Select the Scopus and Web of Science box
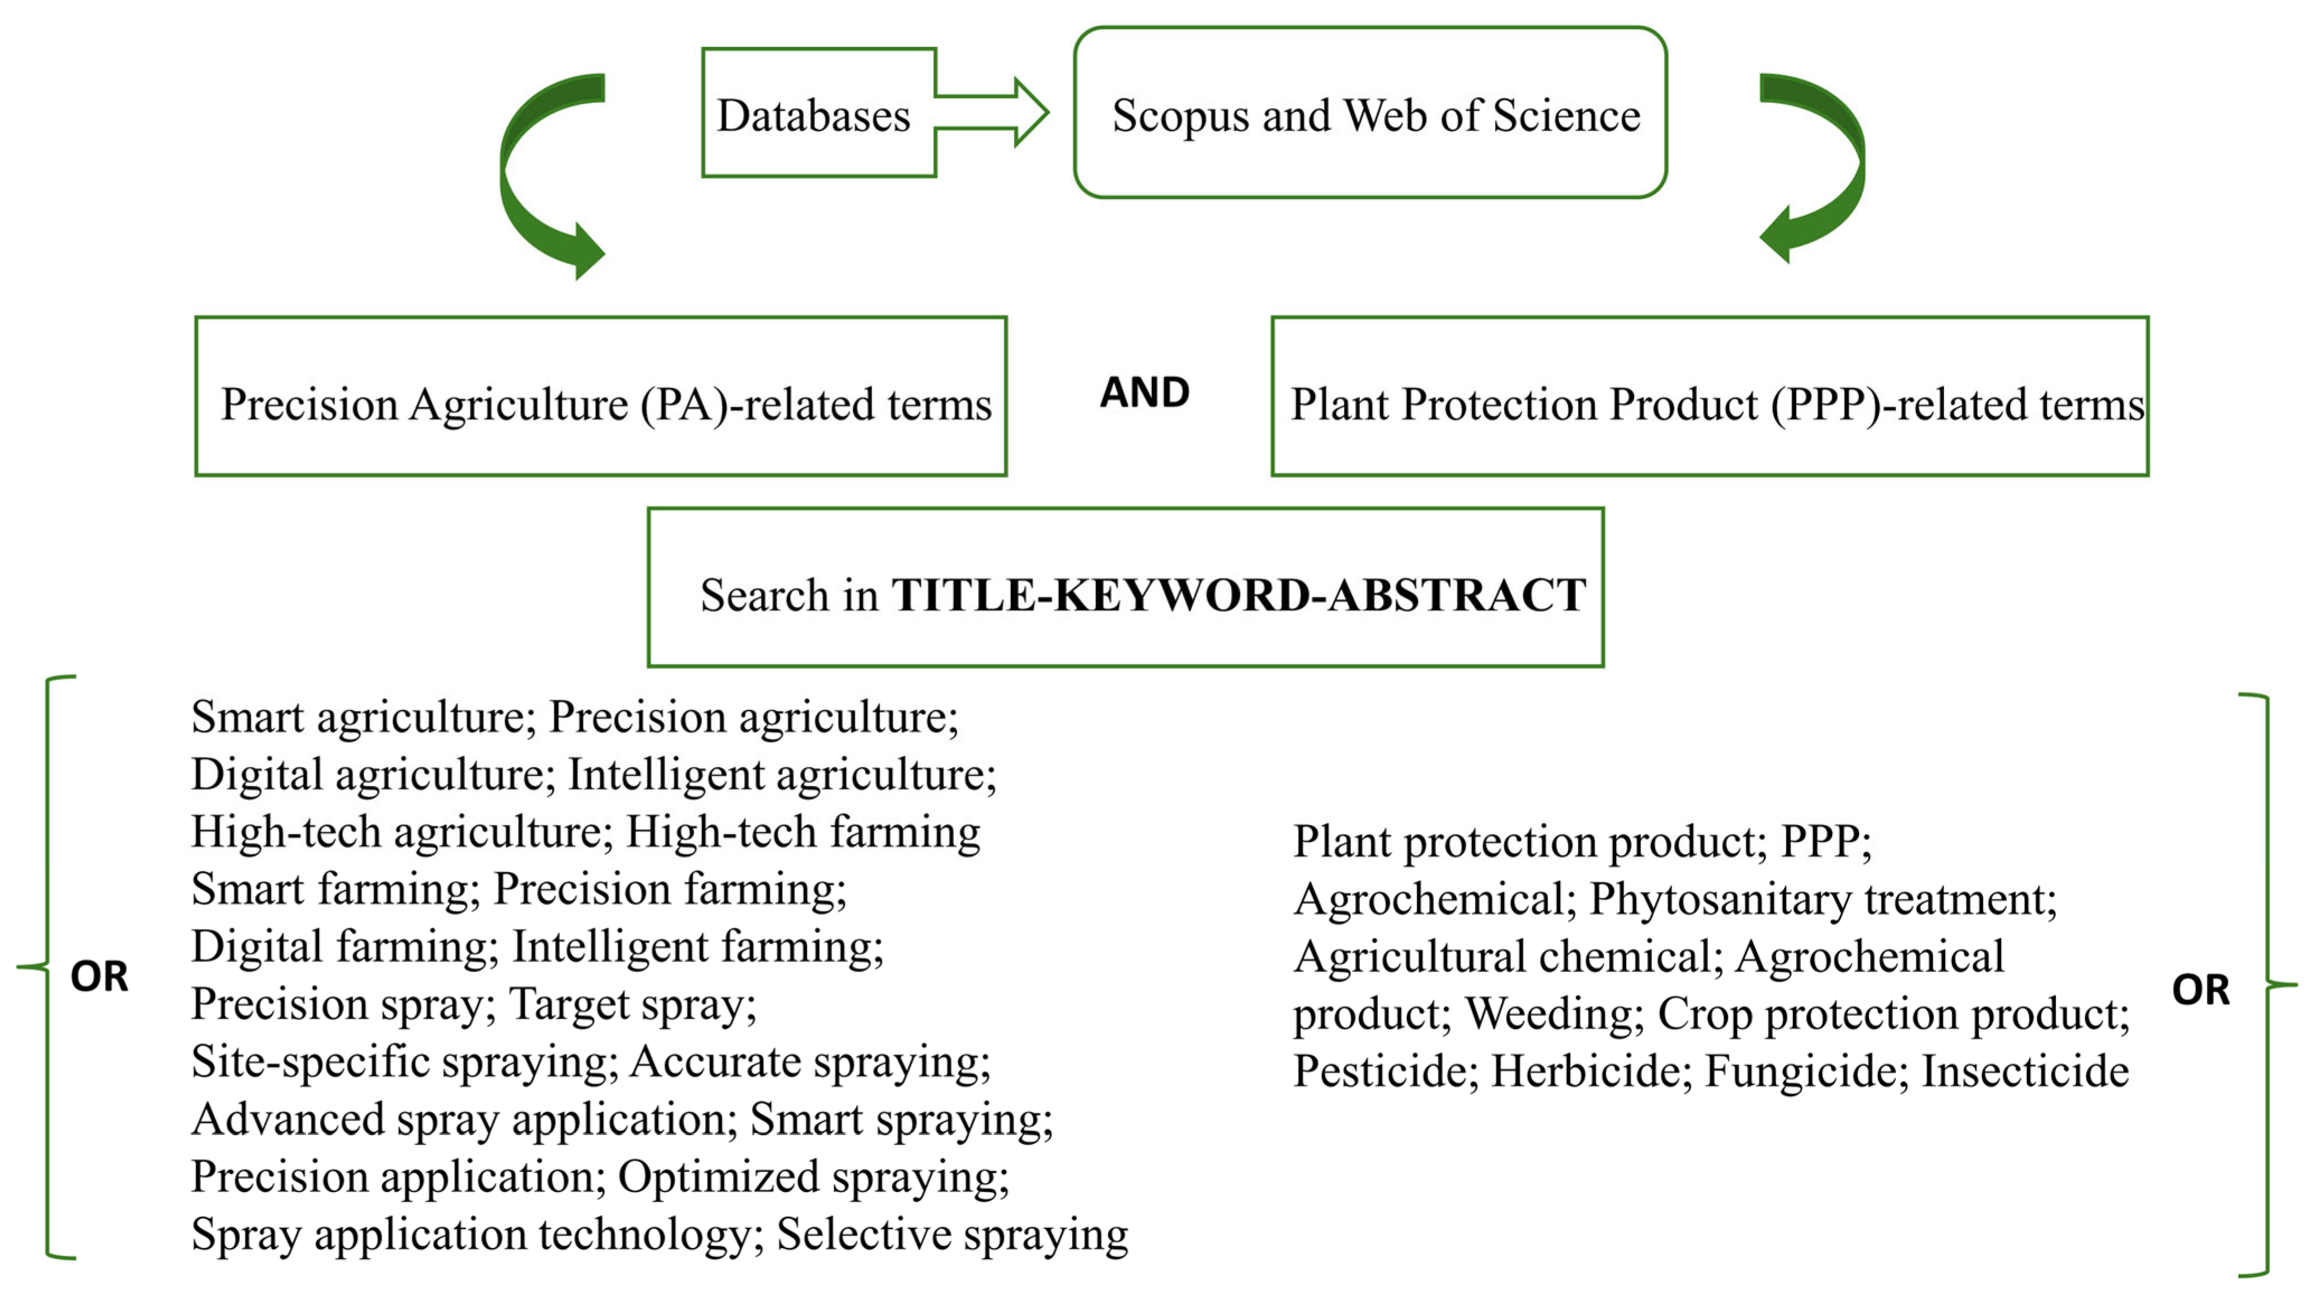pos(1370,114)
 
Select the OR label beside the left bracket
pos(99,976)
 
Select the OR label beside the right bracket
pos(2200,990)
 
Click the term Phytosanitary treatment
pos(1823,899)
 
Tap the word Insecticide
pos(2025,1072)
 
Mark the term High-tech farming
pos(803,832)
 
